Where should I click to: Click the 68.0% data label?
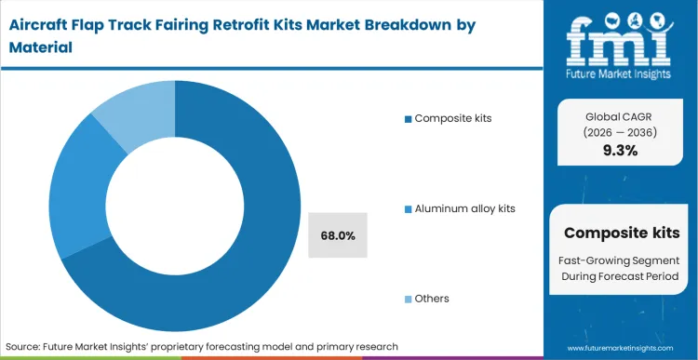point(337,235)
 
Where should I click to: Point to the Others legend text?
point(432,299)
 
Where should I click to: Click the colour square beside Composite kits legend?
point(408,119)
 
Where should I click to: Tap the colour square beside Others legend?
point(408,300)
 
